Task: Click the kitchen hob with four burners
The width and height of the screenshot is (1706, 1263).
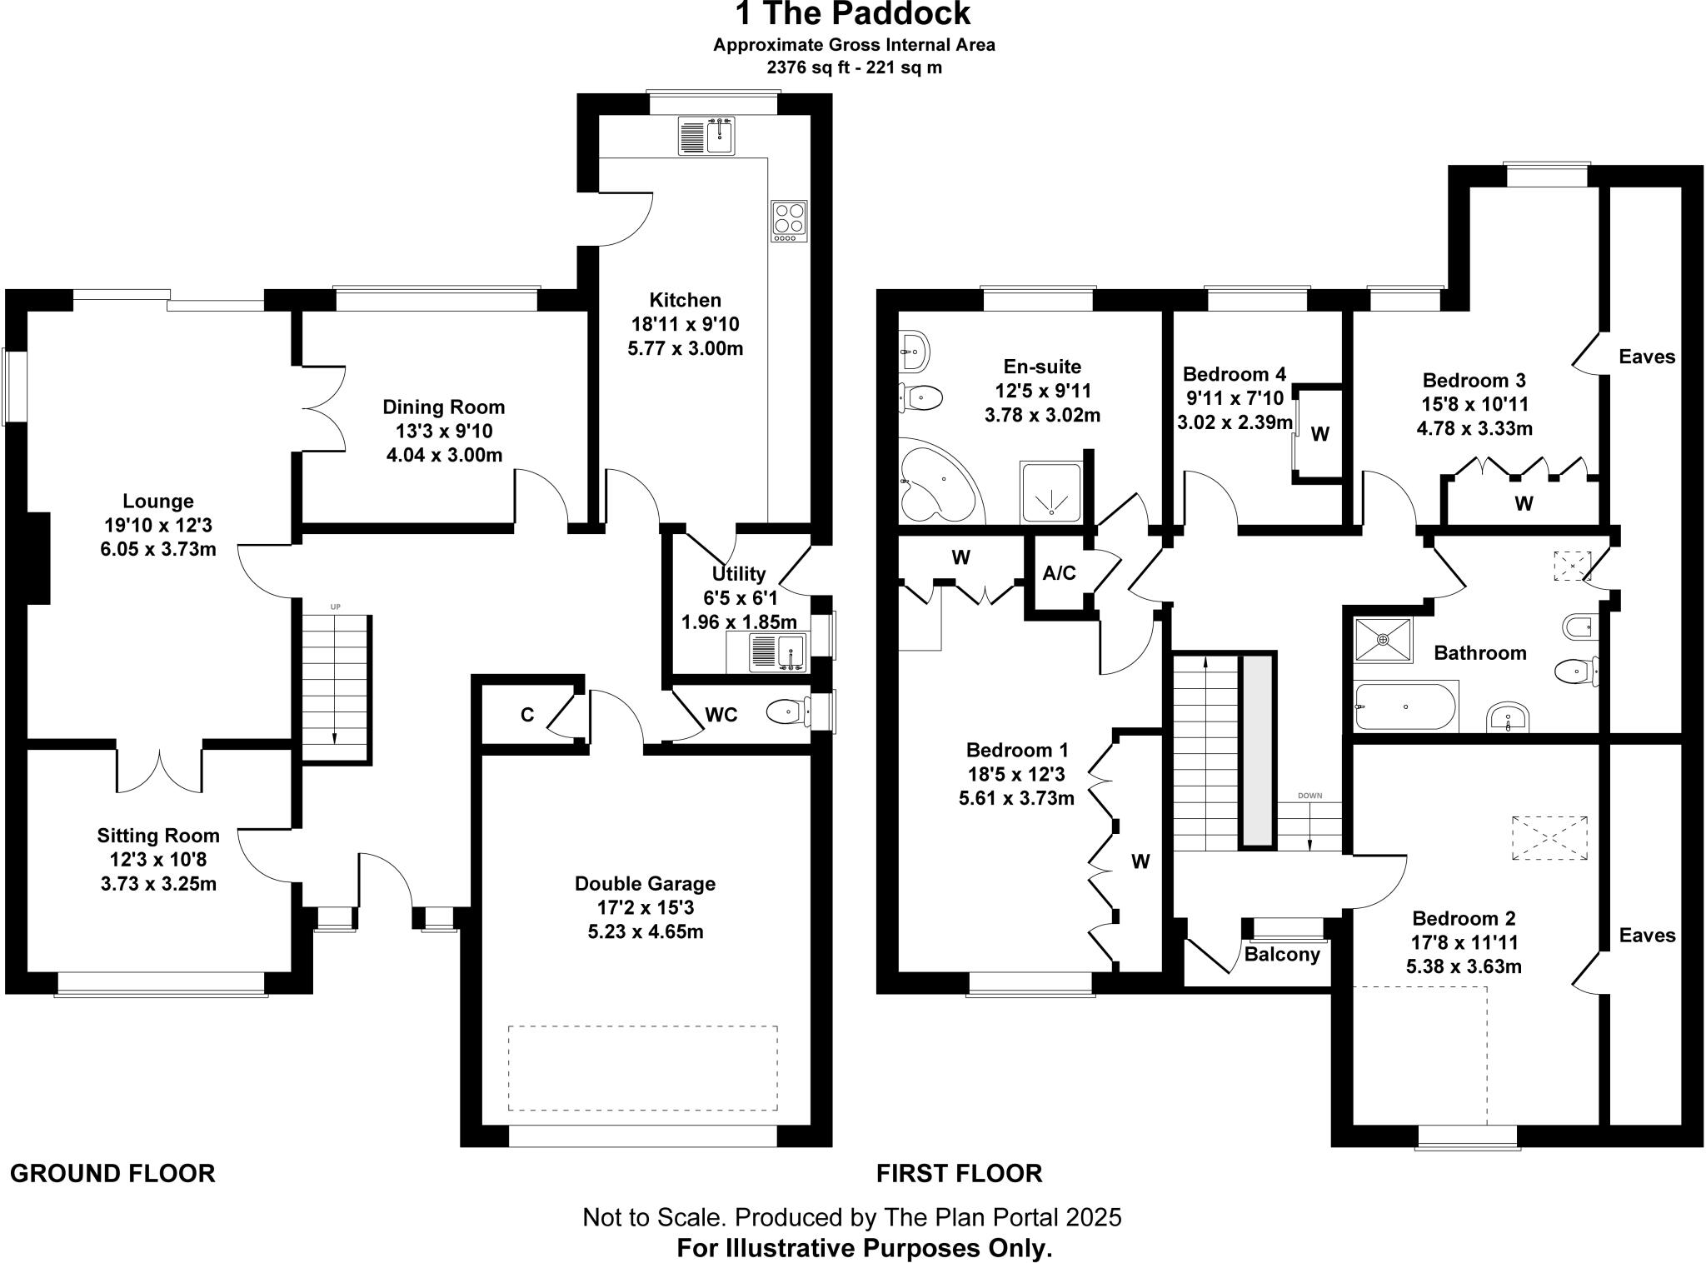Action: pos(789,221)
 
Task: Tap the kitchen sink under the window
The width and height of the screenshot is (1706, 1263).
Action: pos(707,136)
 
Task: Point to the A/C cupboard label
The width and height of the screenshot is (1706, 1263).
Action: pos(1059,573)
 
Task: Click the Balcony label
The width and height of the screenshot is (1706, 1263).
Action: pos(1282,955)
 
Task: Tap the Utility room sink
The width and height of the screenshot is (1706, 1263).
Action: pos(778,651)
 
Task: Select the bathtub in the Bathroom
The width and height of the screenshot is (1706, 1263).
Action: pos(1405,706)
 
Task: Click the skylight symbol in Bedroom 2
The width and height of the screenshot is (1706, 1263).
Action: pos(1550,838)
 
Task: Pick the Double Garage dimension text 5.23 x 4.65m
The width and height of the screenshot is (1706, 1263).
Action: pos(645,931)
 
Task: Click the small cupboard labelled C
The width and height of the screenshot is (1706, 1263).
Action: pos(526,715)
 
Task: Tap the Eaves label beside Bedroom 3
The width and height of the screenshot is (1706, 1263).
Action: pos(1647,357)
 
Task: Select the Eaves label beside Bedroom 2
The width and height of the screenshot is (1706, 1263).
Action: pos(1647,935)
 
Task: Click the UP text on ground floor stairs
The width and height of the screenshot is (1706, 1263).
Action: pos(335,607)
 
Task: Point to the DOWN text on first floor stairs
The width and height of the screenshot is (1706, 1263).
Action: pos(1309,796)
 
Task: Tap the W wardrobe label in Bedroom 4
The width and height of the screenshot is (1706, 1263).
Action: pos(1320,434)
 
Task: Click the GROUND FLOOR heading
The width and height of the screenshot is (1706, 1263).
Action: pos(112,1173)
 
